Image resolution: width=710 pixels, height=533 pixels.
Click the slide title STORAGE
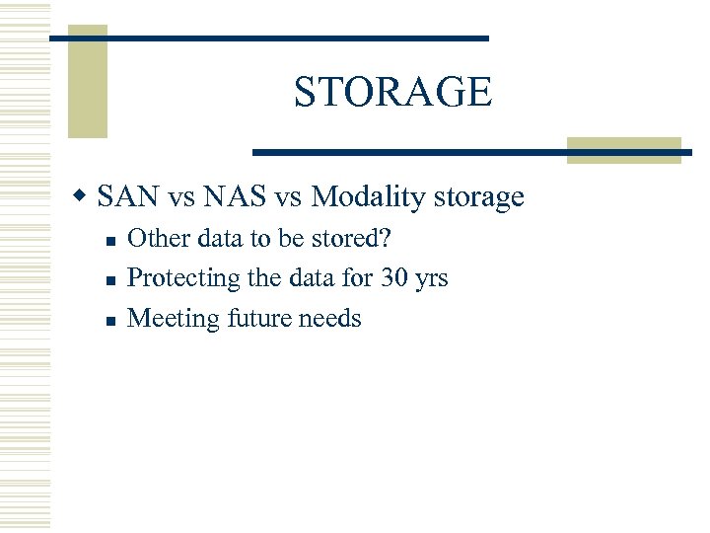(391, 92)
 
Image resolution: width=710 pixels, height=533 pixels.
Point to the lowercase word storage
(478, 197)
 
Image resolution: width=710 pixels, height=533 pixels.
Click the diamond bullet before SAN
(86, 197)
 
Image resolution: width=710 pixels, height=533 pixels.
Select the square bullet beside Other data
(111, 240)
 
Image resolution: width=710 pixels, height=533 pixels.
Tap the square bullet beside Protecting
(111, 279)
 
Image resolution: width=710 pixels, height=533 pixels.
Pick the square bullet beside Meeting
(111, 320)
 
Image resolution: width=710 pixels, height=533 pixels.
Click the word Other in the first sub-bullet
(154, 238)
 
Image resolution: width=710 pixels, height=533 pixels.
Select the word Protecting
(184, 278)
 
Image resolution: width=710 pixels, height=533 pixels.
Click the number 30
(394, 278)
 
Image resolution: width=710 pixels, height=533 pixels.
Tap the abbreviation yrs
(431, 279)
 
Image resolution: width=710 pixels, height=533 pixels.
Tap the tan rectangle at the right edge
(624, 151)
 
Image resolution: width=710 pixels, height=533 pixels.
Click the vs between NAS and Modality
(288, 198)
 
